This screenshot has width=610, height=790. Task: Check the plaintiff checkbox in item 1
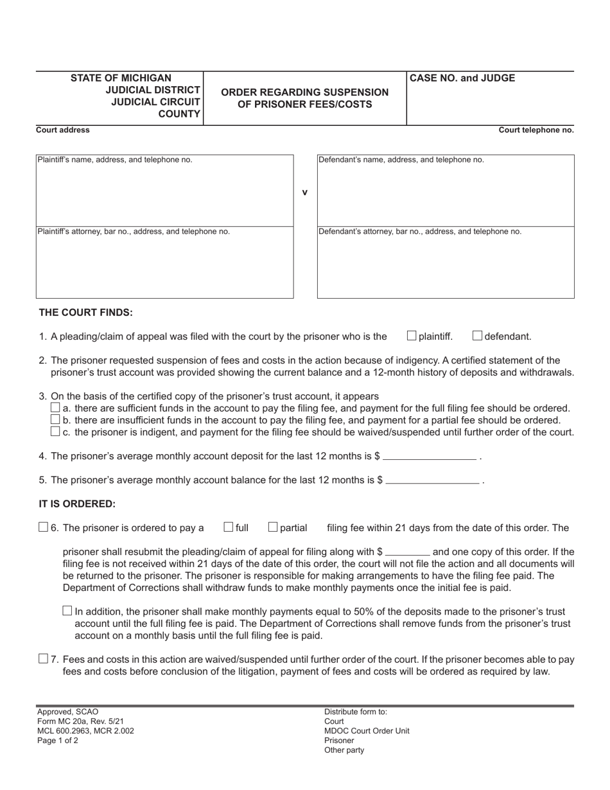[412, 335]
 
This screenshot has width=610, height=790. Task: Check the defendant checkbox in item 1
[478, 335]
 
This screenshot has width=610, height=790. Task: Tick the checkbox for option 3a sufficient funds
[55, 408]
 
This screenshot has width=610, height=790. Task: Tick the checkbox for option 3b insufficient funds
[55, 419]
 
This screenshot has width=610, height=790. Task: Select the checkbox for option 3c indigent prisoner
[55, 432]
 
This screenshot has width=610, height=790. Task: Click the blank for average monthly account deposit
[430, 457]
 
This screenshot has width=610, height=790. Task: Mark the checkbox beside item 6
[43, 527]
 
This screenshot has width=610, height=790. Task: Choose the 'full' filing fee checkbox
[229, 527]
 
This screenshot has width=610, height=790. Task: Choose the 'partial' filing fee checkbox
[273, 527]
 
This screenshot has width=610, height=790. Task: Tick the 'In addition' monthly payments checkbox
[67, 611]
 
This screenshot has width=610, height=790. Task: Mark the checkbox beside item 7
[43, 658]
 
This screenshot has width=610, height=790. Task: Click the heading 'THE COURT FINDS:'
[86, 313]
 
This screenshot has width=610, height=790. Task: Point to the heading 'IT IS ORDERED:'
[77, 504]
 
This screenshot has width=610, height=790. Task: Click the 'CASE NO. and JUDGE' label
[462, 78]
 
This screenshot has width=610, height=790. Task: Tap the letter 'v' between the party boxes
[305, 192]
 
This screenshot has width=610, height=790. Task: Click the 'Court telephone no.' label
[536, 130]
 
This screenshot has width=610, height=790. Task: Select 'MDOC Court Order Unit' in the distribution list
[367, 731]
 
